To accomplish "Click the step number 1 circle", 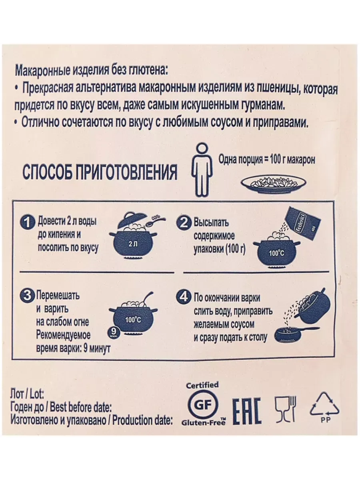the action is [27, 223].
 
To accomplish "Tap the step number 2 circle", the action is [184, 223].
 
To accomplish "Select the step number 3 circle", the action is [27, 296].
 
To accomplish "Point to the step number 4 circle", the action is [184, 297].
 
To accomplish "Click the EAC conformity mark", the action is [247, 411].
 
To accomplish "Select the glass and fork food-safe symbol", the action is [286, 409].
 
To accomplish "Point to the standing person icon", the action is [202, 170].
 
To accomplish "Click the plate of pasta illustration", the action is [274, 184].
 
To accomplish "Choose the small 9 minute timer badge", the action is [114, 333].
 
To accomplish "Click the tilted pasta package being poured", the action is [304, 222].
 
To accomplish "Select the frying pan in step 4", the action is [295, 334].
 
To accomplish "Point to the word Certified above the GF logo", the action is [202, 385].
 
